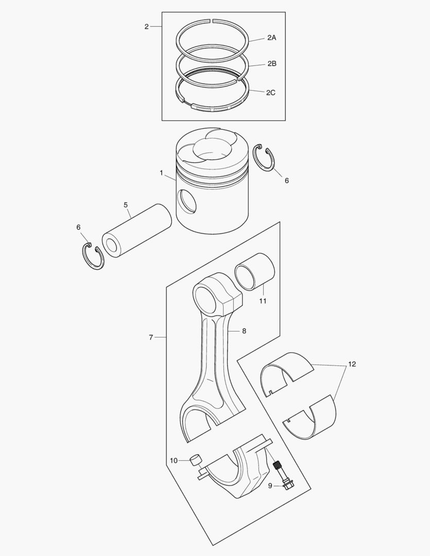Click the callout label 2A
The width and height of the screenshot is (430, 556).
(x=271, y=38)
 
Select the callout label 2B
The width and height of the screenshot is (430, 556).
(x=271, y=64)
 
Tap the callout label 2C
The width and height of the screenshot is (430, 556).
(x=270, y=93)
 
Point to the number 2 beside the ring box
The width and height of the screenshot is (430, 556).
(x=146, y=27)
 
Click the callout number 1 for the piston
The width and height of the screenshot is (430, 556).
(x=161, y=173)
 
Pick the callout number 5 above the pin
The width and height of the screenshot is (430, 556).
(x=126, y=205)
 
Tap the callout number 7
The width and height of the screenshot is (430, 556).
(x=151, y=337)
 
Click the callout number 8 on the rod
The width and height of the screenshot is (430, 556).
(x=244, y=331)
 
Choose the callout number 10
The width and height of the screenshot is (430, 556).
(x=174, y=460)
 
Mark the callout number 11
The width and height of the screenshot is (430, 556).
(x=263, y=301)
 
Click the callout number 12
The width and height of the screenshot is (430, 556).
(x=352, y=364)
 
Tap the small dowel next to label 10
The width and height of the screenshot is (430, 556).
(x=195, y=460)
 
